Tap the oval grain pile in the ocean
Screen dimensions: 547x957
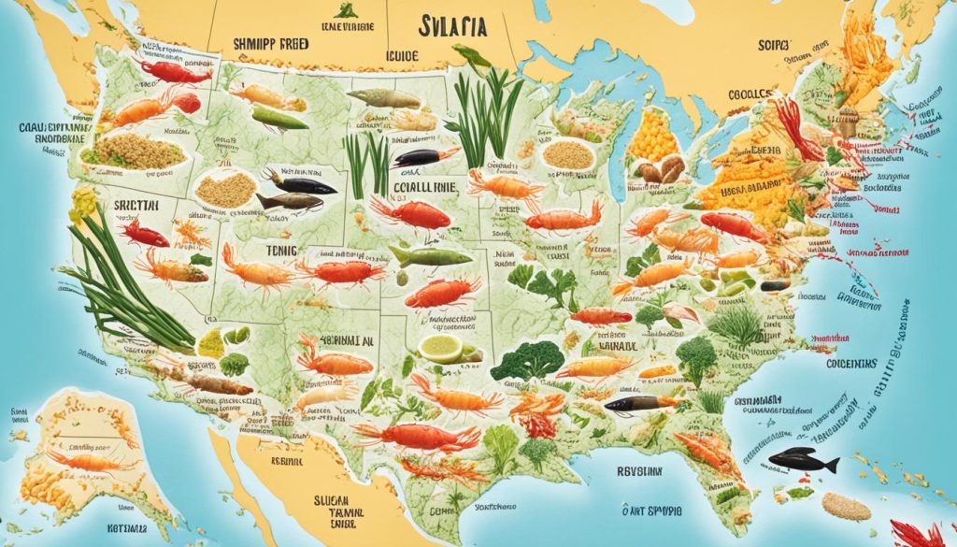(844, 508)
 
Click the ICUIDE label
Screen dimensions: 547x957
(403, 56)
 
